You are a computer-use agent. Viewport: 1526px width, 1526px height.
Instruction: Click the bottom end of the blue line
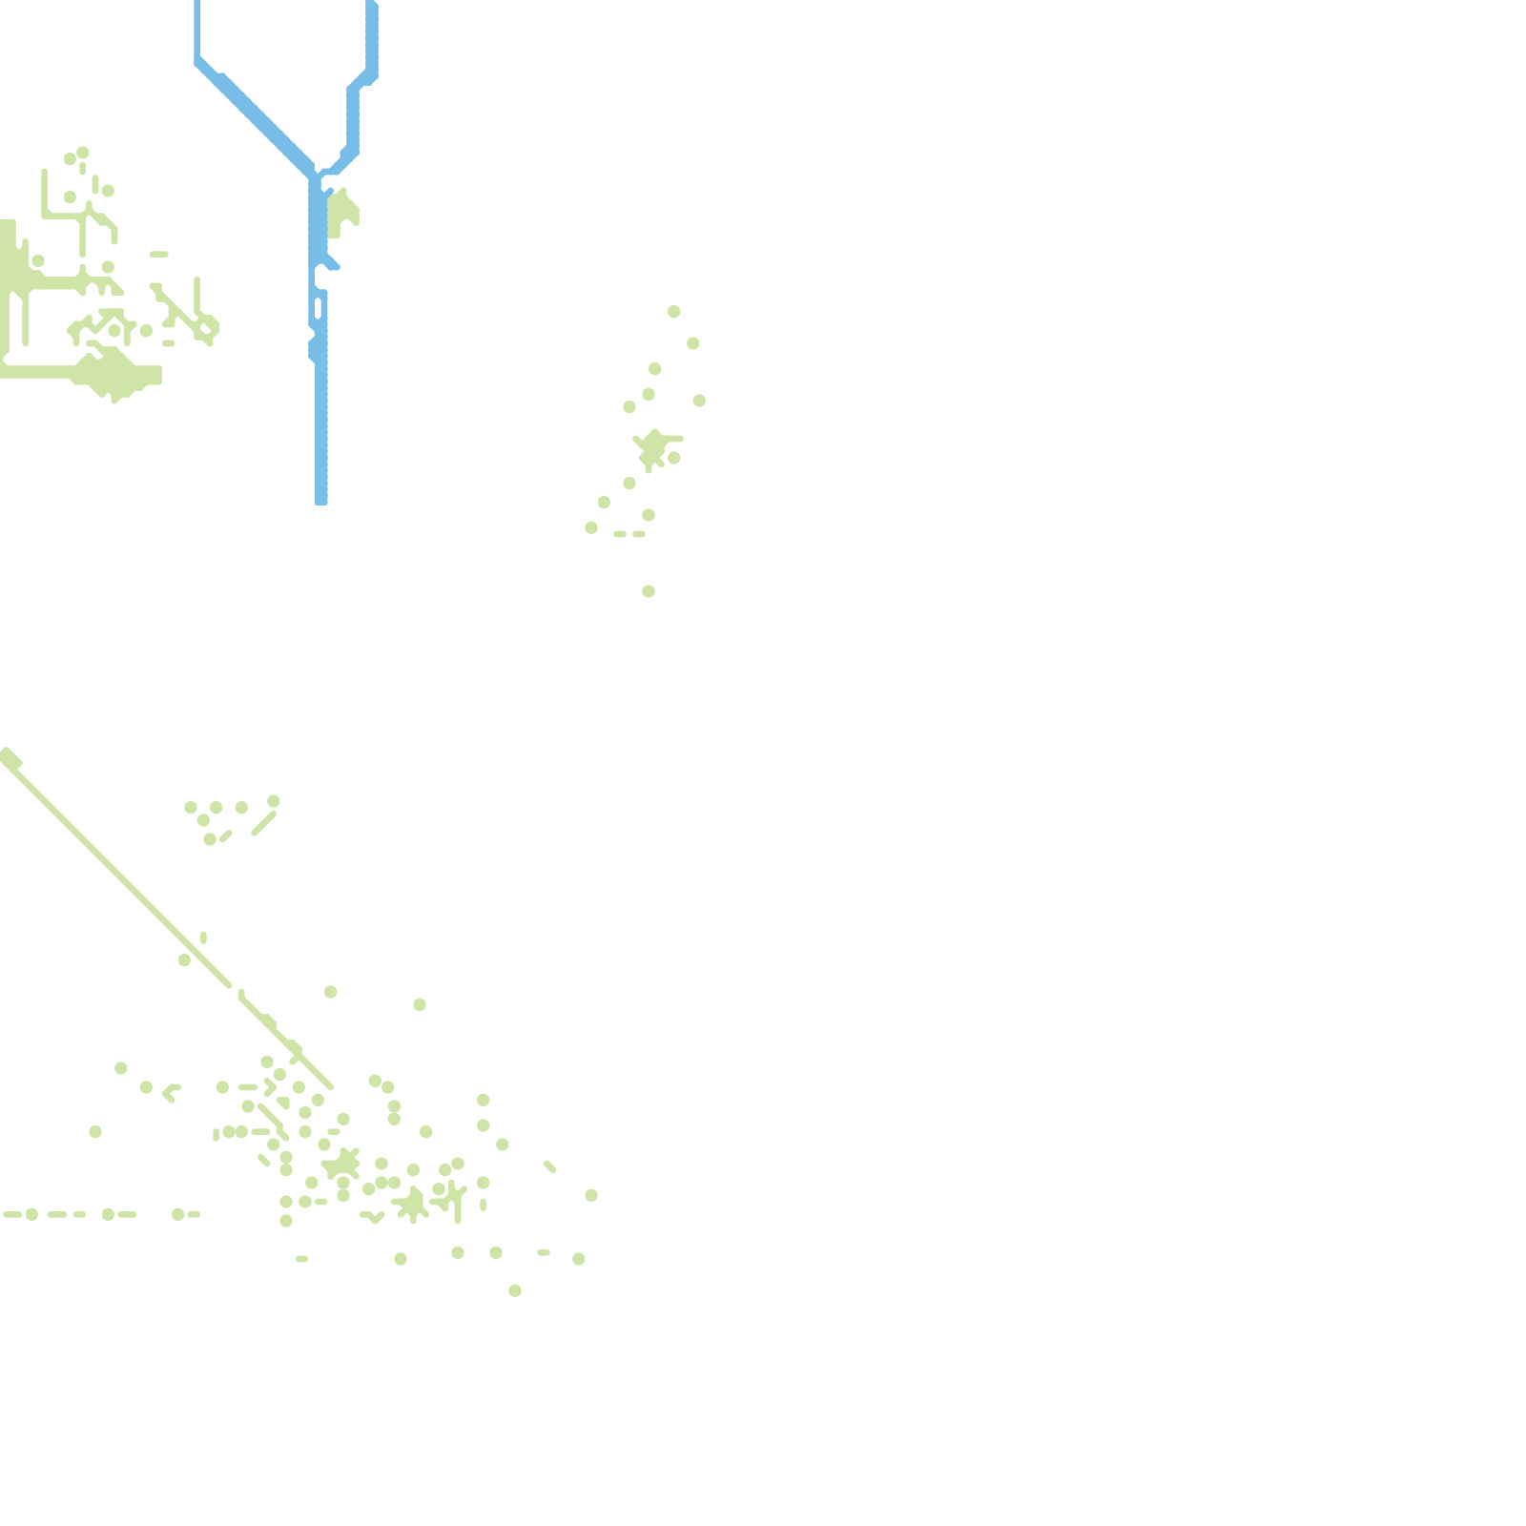coord(321,500)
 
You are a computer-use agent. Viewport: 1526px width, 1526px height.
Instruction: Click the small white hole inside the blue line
coord(318,308)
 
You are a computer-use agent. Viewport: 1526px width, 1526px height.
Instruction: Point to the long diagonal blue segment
coord(256,114)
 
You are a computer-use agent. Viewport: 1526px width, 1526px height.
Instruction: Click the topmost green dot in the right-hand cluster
coord(674,312)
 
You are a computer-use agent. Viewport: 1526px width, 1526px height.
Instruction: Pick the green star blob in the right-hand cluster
coord(652,447)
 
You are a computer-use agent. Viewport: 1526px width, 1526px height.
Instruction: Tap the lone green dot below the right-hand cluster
coord(649,591)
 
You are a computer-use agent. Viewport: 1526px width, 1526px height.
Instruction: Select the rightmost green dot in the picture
coord(699,401)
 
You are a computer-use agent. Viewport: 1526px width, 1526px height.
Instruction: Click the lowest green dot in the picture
coord(515,1290)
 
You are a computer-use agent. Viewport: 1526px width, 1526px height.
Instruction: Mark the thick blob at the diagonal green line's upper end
coord(10,758)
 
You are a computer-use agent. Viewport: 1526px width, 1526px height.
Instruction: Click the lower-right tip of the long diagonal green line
coord(329,1085)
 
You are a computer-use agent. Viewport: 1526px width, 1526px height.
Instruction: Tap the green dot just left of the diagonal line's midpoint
coord(184,960)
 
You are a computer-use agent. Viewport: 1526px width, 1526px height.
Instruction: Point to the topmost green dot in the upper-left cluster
coord(83,153)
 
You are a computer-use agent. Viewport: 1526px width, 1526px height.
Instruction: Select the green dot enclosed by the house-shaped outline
coord(114,331)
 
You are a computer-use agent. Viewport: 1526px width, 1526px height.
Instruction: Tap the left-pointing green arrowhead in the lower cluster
coord(170,1092)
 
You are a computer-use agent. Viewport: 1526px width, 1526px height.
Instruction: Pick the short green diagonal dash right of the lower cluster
coord(550,1166)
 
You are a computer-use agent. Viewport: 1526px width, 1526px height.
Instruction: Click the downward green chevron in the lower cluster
coord(375,1218)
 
